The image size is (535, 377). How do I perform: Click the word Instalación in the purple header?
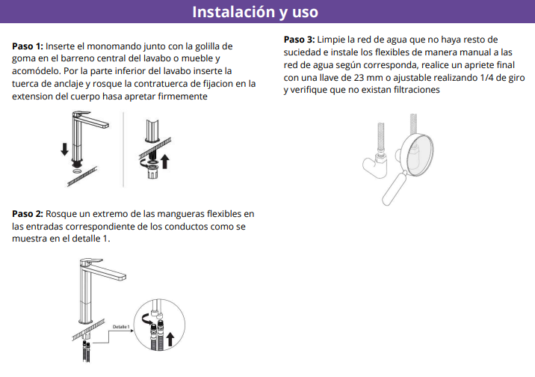point(234,12)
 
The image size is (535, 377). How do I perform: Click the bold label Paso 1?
point(28,46)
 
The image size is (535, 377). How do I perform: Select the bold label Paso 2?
point(28,214)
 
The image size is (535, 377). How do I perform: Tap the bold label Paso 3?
point(299,40)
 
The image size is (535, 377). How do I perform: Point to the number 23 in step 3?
point(359,78)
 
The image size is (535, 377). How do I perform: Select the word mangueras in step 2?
point(180,214)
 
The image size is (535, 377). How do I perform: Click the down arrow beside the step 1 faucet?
point(64,150)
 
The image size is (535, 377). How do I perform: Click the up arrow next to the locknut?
point(165,161)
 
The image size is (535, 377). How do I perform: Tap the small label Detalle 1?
point(121,327)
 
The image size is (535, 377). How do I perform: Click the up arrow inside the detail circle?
point(170,340)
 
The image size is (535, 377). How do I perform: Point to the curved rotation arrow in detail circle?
point(146,319)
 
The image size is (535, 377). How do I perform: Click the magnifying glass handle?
point(394,188)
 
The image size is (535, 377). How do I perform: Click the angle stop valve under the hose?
point(376,165)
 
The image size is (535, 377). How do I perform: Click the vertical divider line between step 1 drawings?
point(123,150)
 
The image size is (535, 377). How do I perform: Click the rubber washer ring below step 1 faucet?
point(77,171)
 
